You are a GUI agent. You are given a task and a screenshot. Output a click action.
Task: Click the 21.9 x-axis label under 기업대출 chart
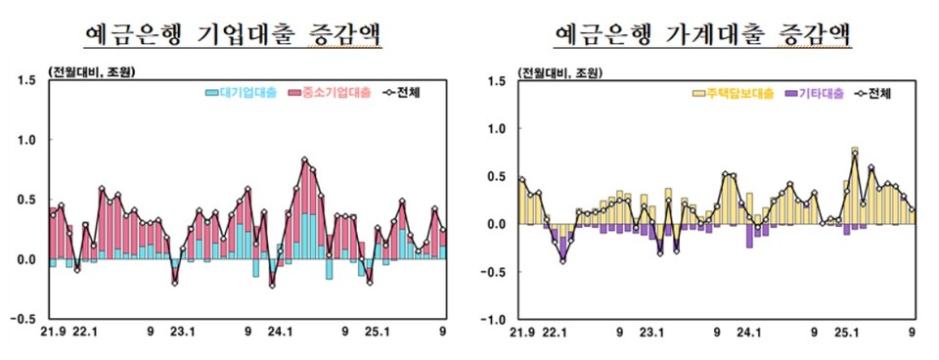(53, 333)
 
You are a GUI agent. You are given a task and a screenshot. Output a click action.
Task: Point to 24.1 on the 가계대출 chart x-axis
(751, 333)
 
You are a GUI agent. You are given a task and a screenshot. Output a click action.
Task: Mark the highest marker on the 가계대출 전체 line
(855, 154)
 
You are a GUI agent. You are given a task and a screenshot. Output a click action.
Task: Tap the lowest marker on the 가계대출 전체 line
(563, 260)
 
